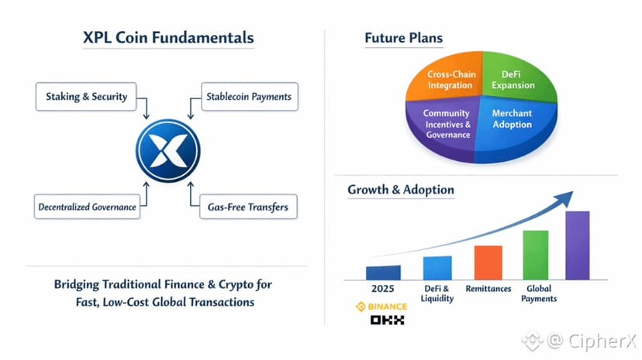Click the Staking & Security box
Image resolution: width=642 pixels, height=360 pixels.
(81, 98)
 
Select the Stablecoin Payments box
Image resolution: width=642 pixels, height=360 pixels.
(249, 98)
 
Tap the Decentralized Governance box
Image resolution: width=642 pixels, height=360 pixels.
(87, 207)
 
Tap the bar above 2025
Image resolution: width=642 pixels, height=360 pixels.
(383, 272)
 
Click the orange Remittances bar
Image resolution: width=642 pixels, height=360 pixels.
(488, 262)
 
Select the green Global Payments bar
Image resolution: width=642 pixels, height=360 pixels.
(535, 254)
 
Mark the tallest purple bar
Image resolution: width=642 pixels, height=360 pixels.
(578, 245)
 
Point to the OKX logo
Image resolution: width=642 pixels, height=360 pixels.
(385, 320)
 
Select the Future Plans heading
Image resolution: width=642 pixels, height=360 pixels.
(403, 38)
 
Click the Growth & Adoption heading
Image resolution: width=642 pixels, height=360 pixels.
(401, 189)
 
